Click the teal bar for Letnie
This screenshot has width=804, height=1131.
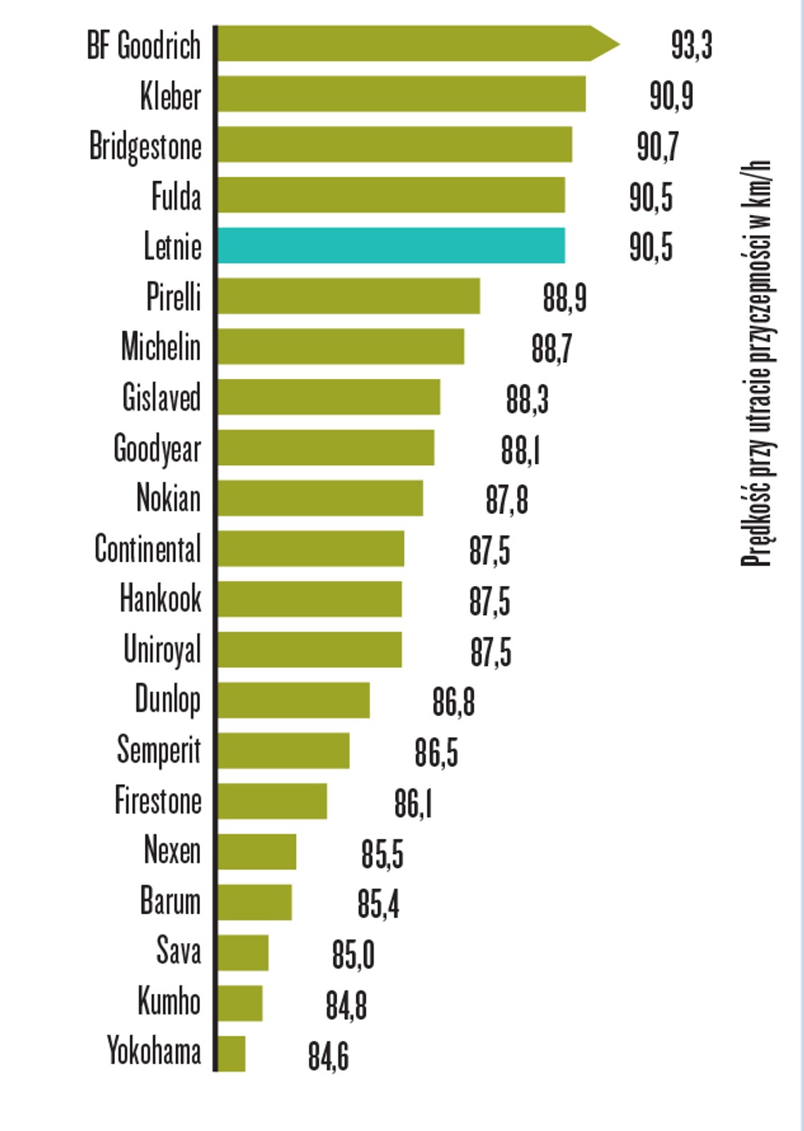[x=391, y=245]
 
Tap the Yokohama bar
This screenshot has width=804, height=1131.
[x=231, y=1053]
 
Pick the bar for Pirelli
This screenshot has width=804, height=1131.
[x=348, y=295]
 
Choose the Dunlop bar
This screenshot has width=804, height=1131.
[x=293, y=700]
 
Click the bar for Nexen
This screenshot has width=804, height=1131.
[x=256, y=851]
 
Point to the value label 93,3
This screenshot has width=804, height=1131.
[x=691, y=45]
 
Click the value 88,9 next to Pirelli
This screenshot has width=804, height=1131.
[x=564, y=298]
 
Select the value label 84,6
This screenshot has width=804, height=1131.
[x=328, y=1056]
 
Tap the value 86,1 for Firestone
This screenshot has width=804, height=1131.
[x=413, y=804]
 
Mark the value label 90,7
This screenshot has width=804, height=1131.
[x=657, y=146]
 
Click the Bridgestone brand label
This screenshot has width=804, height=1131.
[x=145, y=146]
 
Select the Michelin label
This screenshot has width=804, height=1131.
[x=160, y=346]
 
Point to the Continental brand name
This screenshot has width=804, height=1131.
[x=148, y=549]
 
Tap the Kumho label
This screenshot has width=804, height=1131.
[x=169, y=1002]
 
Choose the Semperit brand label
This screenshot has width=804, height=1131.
[x=158, y=751]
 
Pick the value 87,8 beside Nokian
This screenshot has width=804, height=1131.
[x=507, y=500]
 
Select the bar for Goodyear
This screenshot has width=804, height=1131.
[x=326, y=447]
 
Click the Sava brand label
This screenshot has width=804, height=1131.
[x=178, y=951]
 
